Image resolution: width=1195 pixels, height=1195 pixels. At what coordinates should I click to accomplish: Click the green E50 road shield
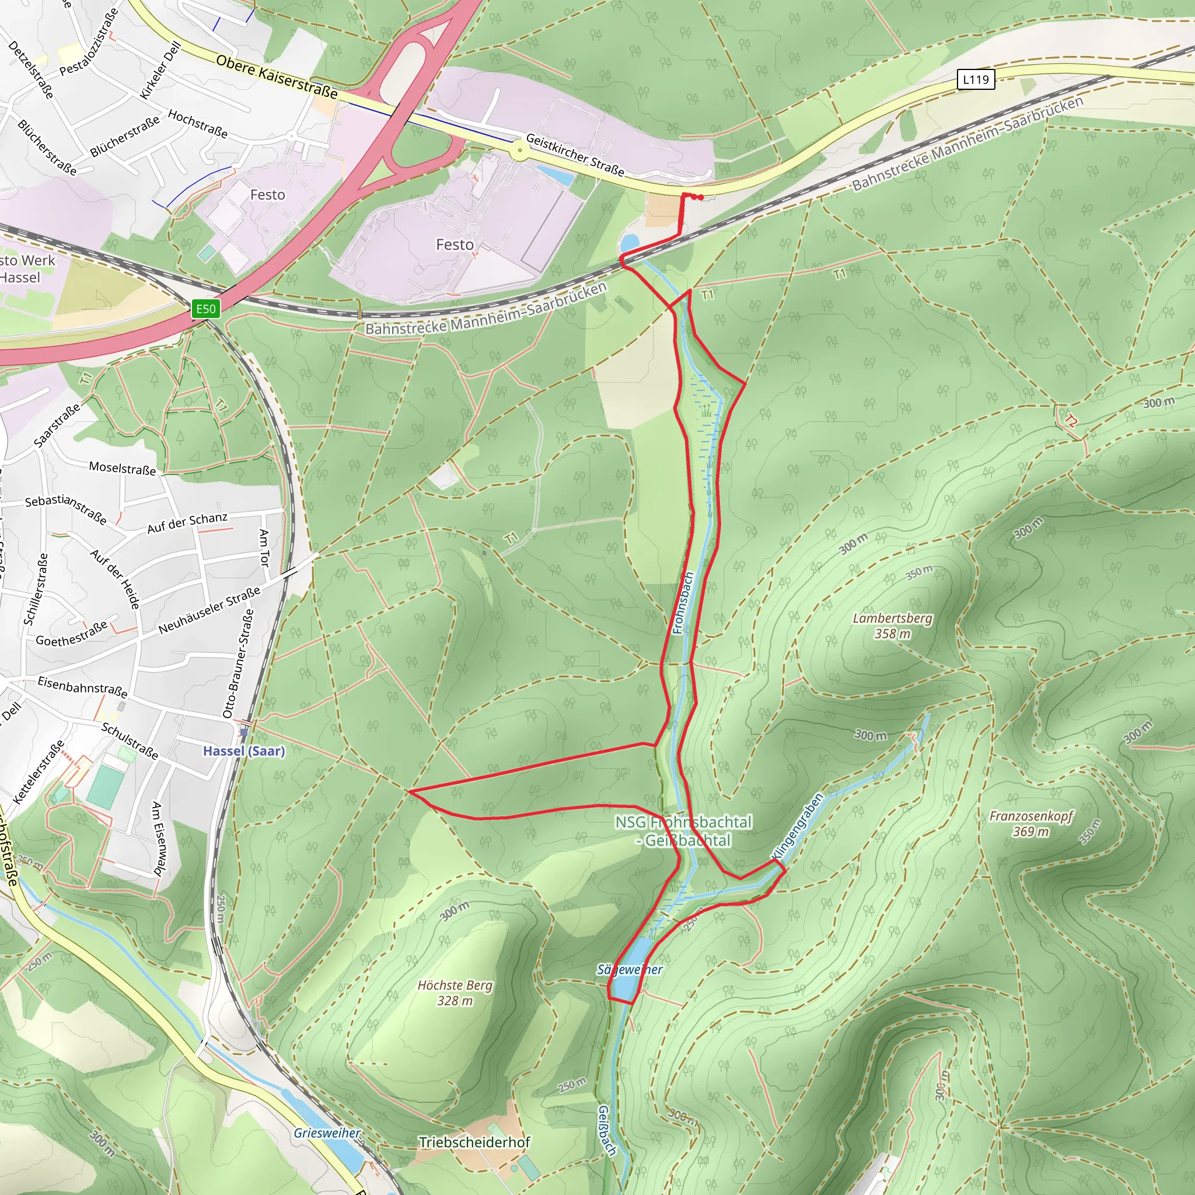pos(206,309)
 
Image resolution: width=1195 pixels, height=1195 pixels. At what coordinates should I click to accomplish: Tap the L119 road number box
pos(976,79)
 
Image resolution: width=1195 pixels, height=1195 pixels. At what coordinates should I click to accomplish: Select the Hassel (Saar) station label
pos(244,751)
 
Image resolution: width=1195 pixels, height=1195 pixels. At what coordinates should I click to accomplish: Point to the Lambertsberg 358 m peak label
pos(892,626)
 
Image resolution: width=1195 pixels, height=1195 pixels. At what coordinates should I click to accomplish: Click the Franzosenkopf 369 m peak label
pos(1031,823)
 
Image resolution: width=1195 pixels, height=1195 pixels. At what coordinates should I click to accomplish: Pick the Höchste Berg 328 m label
pos(455,993)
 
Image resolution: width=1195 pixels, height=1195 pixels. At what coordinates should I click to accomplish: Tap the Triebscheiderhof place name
pos(474,1142)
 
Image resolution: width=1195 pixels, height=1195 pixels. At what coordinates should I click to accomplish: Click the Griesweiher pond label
pos(327,1133)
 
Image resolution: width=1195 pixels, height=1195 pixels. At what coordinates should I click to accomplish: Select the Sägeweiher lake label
pos(629,969)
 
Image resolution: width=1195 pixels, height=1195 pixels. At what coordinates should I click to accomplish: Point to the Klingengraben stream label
pos(798,826)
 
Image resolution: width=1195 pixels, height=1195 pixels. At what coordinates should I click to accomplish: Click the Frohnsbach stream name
pos(683,602)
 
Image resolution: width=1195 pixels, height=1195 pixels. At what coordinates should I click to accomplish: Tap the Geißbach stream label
pos(607,1131)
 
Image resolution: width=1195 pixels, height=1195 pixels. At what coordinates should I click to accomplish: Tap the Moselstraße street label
pos(122,468)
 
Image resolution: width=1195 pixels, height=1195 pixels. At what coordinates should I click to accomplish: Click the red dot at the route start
pos(701,197)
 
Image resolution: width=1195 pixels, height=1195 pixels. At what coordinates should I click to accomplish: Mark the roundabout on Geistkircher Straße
pos(520,150)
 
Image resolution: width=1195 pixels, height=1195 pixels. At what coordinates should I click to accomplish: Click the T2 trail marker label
pos(1071,421)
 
